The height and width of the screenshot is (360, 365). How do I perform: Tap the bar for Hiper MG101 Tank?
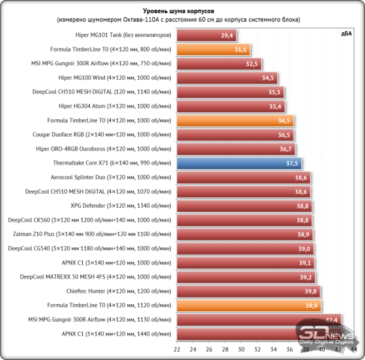pyautogui.click(x=206, y=35)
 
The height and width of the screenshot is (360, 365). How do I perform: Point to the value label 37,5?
pyautogui.click(x=292, y=163)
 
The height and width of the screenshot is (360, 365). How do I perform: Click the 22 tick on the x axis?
pyautogui.click(x=177, y=349)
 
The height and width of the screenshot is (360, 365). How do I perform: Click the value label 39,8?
pyautogui.click(x=310, y=291)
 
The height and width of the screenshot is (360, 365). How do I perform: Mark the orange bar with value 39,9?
pyautogui.click(x=248, y=305)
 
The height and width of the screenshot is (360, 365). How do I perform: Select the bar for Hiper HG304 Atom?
pyautogui.click(x=230, y=106)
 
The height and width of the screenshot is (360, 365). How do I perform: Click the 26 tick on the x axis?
pyautogui.click(x=209, y=349)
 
